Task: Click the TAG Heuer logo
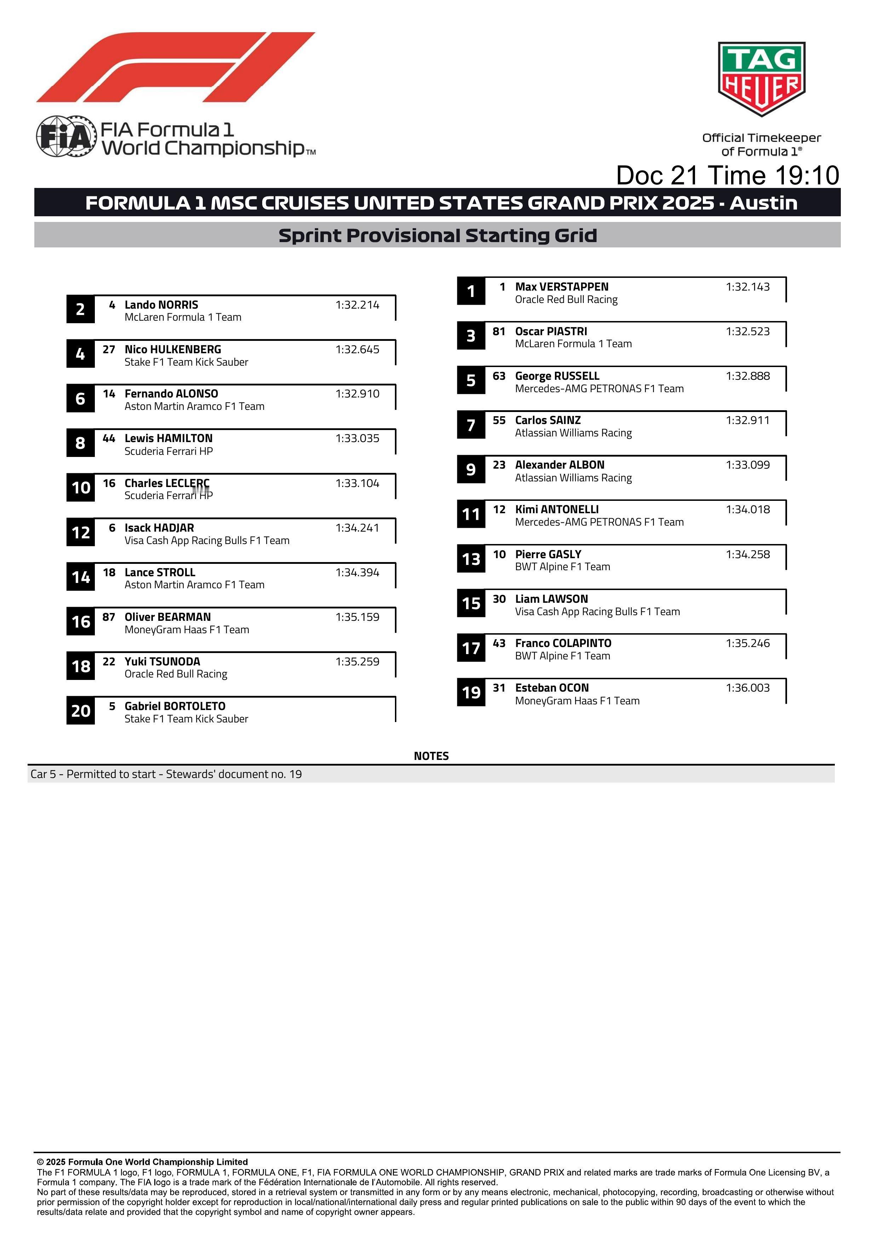point(761,79)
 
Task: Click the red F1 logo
point(176,67)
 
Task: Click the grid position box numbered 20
point(81,711)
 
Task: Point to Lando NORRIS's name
point(161,304)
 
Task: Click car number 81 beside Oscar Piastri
point(498,331)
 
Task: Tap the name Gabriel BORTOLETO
point(175,706)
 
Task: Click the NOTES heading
point(431,756)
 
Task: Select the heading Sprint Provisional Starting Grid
point(437,235)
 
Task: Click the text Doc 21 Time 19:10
point(727,175)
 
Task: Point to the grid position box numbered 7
point(471,425)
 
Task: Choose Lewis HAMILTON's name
point(168,438)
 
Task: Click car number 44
point(109,438)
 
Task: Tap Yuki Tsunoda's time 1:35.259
point(357,662)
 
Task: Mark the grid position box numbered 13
point(471,559)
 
